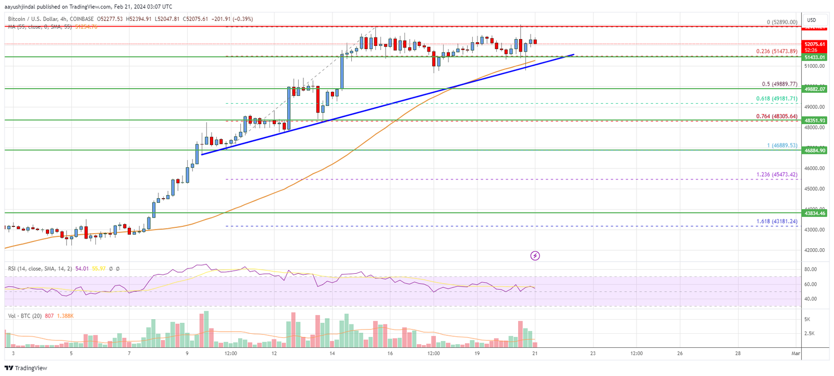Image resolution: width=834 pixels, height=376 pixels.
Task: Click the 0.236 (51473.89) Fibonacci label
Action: (777, 51)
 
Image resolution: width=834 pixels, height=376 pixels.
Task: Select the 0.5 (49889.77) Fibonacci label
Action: (779, 84)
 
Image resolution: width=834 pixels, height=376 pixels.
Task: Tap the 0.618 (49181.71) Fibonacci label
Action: (777, 99)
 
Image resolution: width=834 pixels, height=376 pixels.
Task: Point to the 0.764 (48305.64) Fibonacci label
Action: (777, 116)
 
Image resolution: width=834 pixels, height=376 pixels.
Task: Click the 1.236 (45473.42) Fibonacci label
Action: (777, 175)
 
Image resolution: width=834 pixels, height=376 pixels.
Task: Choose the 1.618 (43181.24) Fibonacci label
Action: (777, 222)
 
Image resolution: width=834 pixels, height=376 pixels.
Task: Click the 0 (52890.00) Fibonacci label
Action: (782, 22)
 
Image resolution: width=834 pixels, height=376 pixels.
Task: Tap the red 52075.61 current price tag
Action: (814, 44)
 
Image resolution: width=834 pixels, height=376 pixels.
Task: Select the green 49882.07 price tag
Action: (814, 89)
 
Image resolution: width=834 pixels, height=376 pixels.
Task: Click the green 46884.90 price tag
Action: (814, 150)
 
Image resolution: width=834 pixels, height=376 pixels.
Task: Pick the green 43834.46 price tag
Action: (814, 213)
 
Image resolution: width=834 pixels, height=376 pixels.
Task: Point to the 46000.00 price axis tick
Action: (814, 168)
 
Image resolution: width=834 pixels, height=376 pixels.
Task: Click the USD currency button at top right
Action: (812, 20)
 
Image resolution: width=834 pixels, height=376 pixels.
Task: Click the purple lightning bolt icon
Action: (535, 256)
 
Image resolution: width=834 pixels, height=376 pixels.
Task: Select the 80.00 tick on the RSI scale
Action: (810, 270)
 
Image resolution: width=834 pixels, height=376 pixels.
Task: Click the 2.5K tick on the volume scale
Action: (810, 333)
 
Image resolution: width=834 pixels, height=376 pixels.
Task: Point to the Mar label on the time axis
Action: (795, 354)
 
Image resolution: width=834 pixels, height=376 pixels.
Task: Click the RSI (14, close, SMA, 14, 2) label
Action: (40, 269)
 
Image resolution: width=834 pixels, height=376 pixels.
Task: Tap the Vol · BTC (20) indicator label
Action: (24, 316)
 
